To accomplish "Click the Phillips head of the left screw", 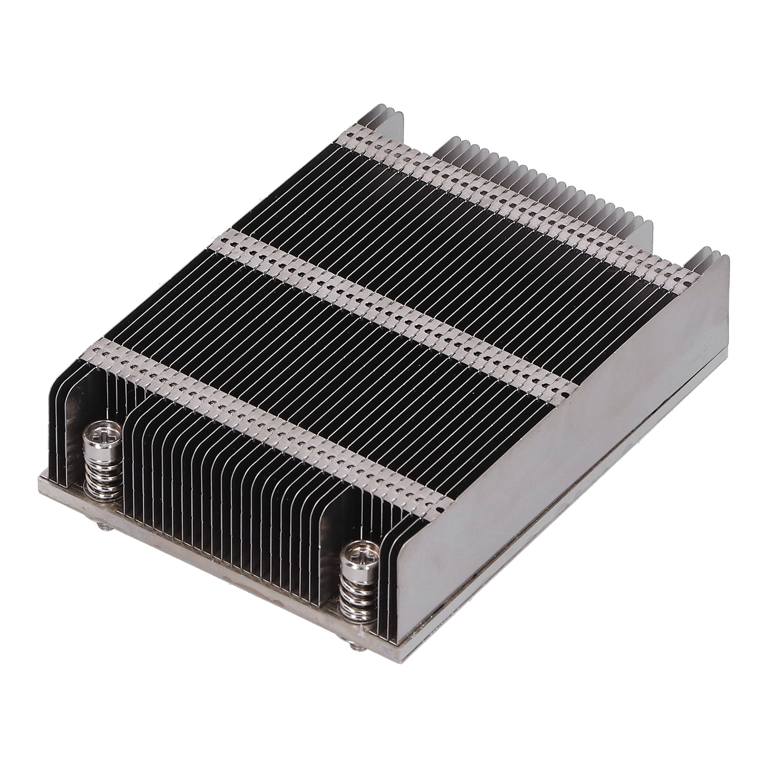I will click(x=102, y=433).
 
